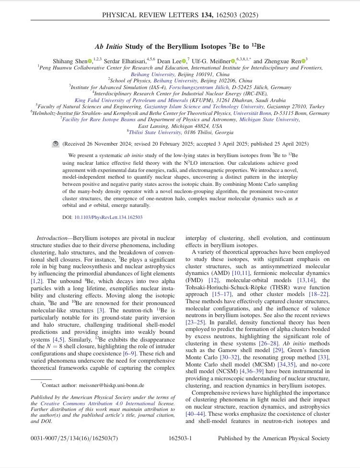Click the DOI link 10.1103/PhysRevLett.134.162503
108,217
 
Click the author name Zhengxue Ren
283,61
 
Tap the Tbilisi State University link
153,132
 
